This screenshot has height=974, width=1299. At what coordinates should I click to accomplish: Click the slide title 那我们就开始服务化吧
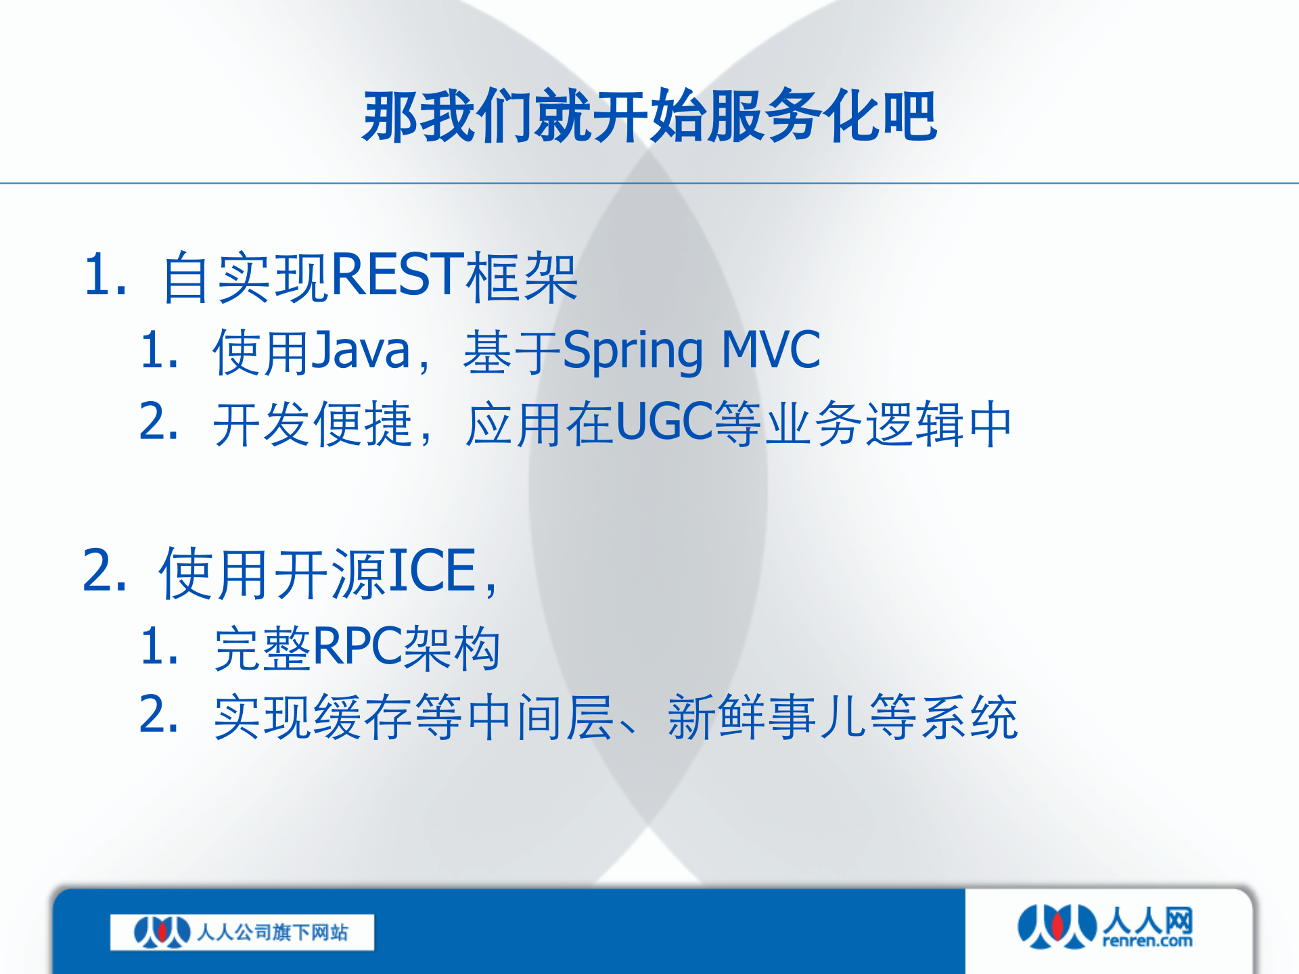(649, 116)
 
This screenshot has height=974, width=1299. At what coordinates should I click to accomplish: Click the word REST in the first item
(397, 275)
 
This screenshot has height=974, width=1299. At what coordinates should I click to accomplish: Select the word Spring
(633, 352)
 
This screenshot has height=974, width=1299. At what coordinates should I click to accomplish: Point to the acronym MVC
(771, 350)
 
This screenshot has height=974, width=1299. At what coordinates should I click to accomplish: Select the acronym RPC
(357, 647)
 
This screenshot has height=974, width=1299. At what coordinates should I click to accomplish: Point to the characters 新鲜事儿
(767, 717)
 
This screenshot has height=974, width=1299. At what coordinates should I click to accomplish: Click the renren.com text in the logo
(1147, 941)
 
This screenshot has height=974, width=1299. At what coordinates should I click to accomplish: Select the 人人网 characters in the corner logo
(1147, 921)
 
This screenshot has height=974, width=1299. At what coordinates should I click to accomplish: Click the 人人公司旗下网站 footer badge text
(272, 933)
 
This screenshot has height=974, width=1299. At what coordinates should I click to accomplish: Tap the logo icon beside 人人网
(1057, 926)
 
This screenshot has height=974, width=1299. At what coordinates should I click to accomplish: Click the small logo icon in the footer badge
(162, 932)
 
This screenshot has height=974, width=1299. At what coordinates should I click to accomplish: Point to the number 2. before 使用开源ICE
(105, 572)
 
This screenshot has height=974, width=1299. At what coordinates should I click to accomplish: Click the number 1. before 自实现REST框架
(105, 275)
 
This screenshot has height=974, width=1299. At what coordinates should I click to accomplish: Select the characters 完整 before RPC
(262, 649)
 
